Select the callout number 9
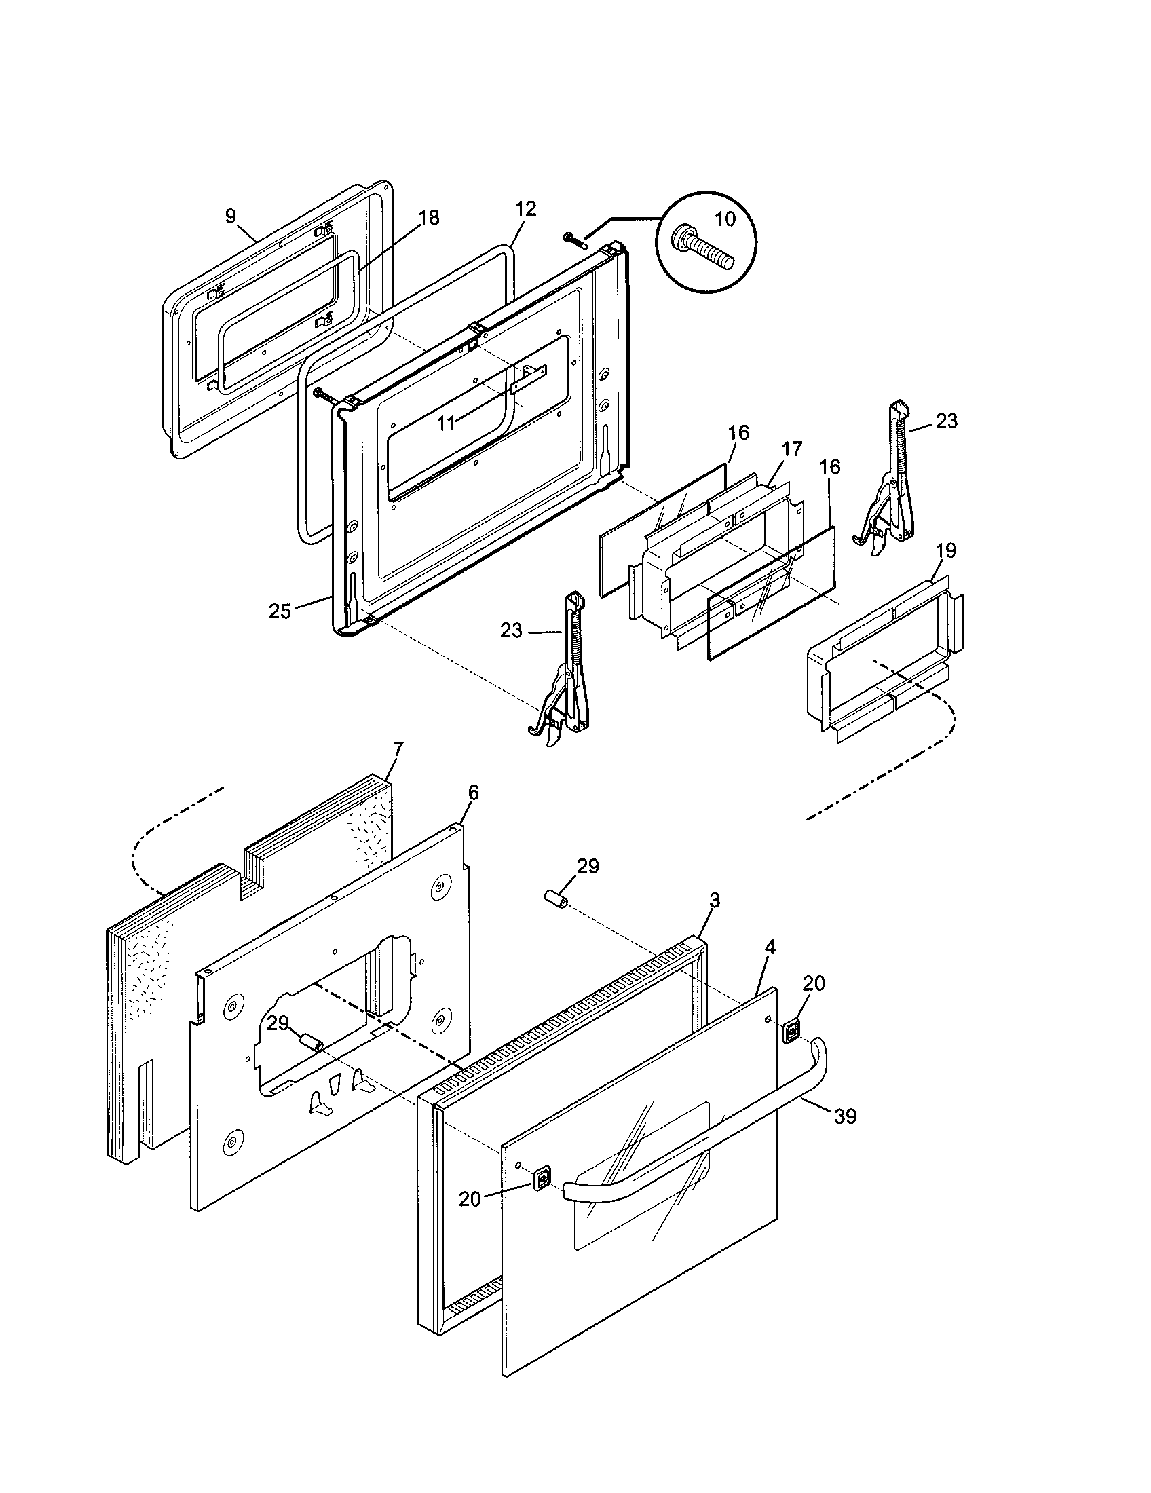(231, 216)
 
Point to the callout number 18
(428, 217)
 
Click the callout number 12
(525, 208)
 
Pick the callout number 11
(446, 424)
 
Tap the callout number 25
(280, 611)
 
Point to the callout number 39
(846, 1116)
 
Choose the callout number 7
(398, 749)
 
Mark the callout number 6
(473, 792)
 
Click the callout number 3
(713, 901)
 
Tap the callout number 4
(770, 947)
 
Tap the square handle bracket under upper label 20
(791, 1030)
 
